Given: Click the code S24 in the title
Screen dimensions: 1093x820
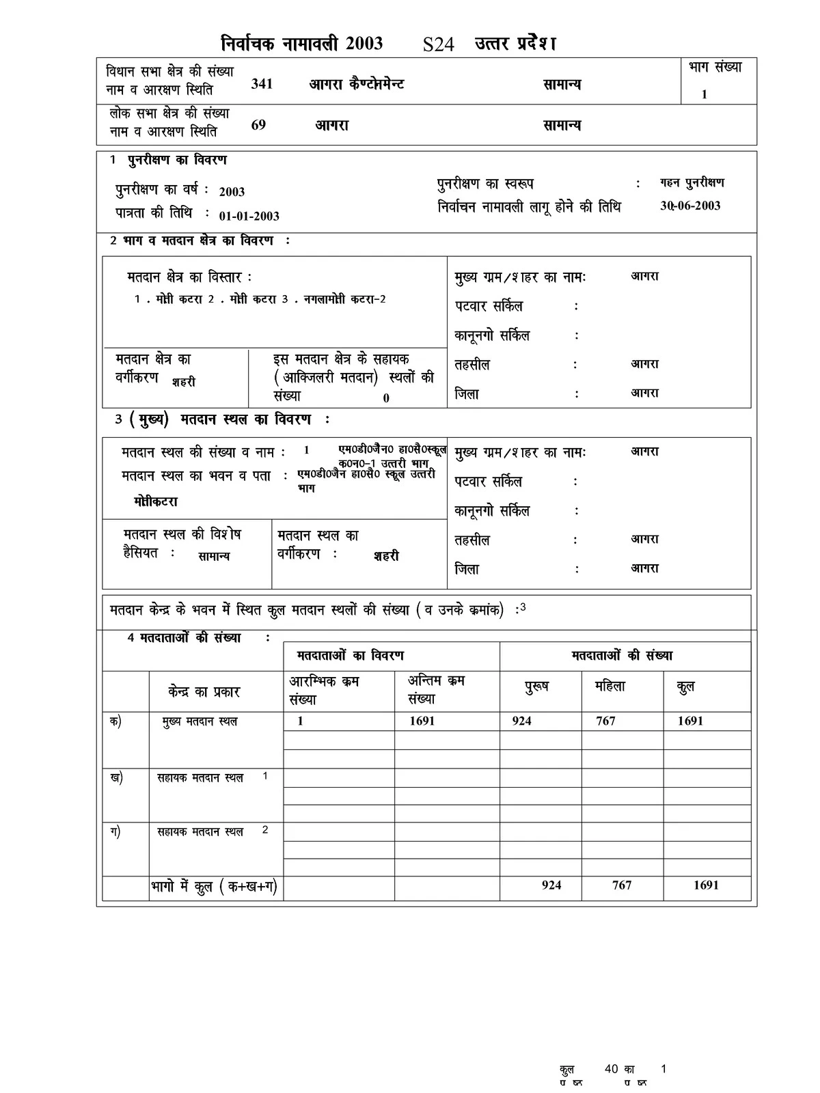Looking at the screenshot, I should point(439,44).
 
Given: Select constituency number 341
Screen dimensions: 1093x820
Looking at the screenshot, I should point(262,84).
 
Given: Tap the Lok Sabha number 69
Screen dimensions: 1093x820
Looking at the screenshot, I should point(258,125).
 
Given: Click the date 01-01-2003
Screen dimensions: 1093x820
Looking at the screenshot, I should point(249,216).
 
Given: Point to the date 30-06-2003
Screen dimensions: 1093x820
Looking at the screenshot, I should point(690,206).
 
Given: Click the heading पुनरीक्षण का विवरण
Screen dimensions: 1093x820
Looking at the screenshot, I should point(177,161).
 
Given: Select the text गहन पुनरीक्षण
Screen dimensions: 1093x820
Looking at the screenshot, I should point(692,183).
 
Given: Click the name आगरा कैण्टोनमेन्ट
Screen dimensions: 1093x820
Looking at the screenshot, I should point(357,84).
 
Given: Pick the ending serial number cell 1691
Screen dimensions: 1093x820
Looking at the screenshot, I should point(422,721).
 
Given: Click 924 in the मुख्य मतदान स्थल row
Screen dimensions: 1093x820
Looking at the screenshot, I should point(521,721).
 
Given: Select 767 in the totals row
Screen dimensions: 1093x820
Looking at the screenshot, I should point(622,885).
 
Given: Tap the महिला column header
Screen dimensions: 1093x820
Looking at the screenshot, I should point(610,687).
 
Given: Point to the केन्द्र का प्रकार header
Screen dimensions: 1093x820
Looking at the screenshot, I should point(204,692).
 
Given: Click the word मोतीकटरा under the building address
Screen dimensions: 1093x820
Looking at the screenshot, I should point(156,501).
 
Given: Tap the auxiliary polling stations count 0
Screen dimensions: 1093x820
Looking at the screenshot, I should point(386,398).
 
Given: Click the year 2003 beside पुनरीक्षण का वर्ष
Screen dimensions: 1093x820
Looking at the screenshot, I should point(232,192).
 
